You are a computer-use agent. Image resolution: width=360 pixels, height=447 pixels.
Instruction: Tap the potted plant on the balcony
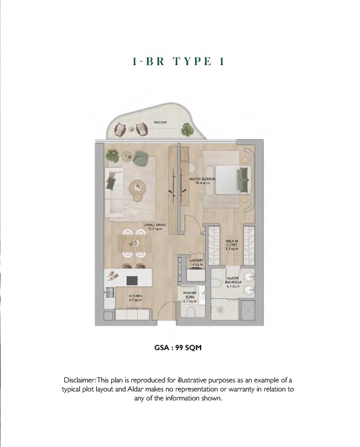(186, 129)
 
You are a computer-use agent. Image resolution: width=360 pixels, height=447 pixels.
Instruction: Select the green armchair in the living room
(141, 157)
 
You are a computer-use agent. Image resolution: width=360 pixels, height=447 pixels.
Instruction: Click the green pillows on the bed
(244, 179)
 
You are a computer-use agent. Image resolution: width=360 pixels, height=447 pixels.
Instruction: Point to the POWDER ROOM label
(190, 294)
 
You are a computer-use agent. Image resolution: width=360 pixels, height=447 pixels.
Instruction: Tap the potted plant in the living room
(112, 155)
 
